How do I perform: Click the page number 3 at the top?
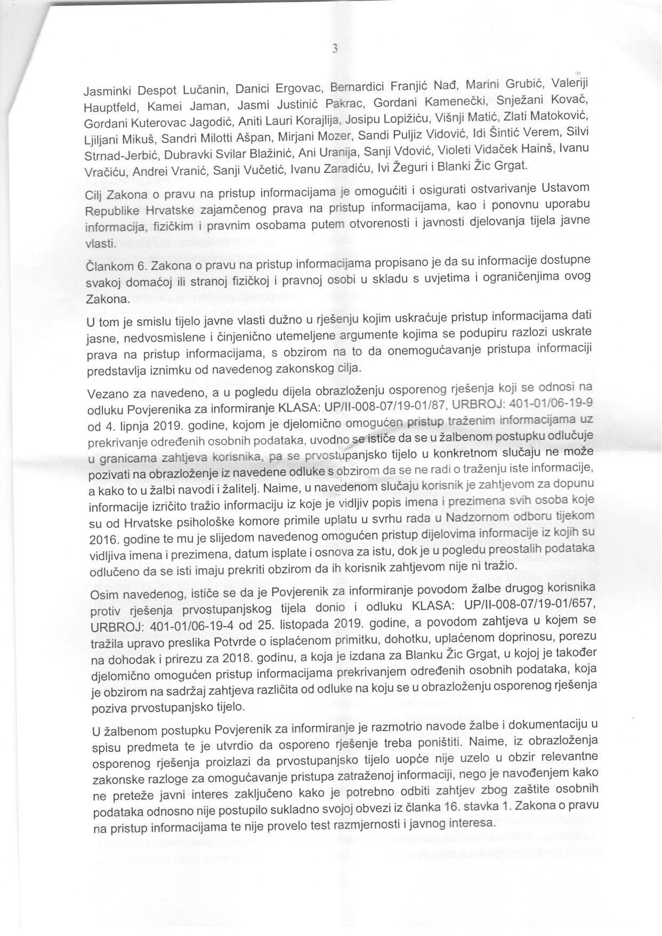click(x=334, y=49)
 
